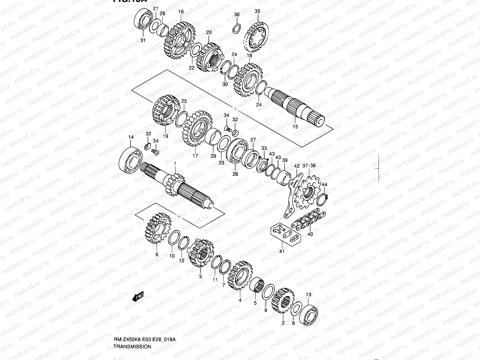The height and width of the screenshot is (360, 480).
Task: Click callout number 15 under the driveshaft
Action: [x=295, y=127]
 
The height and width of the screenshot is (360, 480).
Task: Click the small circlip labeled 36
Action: [x=237, y=29]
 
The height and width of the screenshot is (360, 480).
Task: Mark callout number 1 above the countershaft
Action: [x=175, y=163]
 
